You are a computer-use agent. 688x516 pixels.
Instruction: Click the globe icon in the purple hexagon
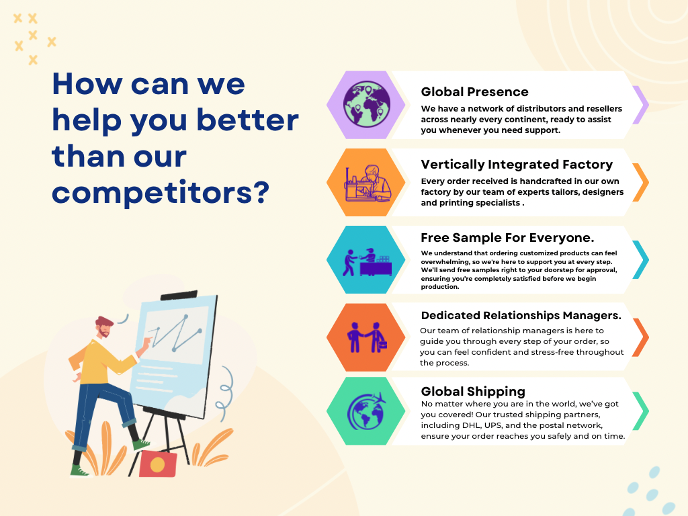(367, 105)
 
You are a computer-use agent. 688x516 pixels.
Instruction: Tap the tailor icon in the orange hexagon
(368, 183)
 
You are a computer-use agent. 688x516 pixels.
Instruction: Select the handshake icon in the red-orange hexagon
(368, 337)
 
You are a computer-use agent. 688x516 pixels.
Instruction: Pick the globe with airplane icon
(367, 411)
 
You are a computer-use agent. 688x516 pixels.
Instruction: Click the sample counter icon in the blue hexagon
(368, 262)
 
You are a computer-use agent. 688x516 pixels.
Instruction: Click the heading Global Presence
(475, 91)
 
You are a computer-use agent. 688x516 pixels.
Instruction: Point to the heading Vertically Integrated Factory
(517, 165)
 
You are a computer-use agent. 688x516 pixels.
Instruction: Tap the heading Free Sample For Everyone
(507, 237)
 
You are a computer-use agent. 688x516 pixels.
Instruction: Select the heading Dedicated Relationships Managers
(521, 316)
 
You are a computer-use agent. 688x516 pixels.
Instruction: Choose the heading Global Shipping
(473, 391)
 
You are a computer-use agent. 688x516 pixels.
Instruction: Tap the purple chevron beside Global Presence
(642, 105)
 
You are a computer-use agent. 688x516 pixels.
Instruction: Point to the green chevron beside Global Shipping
(642, 411)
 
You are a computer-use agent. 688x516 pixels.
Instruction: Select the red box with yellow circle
(158, 464)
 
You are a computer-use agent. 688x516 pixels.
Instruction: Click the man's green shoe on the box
(141, 445)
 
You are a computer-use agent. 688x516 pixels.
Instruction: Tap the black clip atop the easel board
(179, 295)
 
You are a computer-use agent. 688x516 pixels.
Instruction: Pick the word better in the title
(247, 120)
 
